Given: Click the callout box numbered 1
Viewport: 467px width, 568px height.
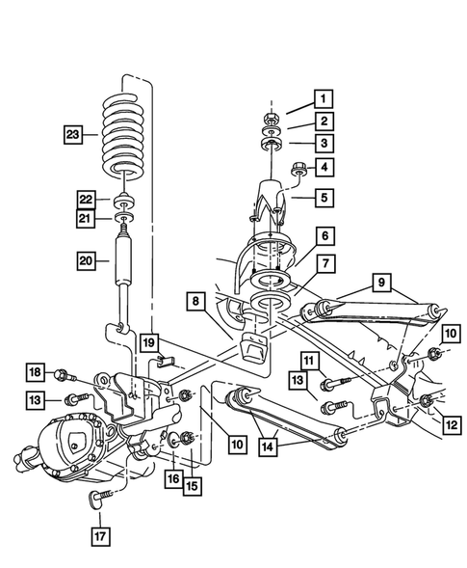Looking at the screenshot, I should (324, 97).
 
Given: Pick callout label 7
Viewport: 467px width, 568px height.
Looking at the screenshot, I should (324, 263).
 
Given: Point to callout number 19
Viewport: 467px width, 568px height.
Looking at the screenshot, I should (146, 341).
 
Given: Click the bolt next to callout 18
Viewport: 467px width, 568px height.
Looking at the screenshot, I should (65, 373).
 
